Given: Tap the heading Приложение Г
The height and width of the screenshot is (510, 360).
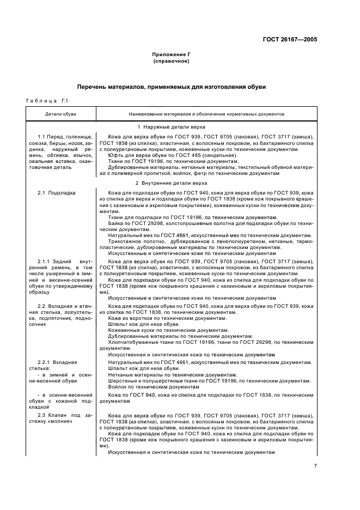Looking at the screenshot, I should pyautogui.click(x=171, y=56).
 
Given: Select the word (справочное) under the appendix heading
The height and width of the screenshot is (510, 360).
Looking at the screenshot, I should pyautogui.click(x=171, y=62).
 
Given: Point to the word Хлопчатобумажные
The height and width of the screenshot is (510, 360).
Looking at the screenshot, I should pyautogui.click(x=130, y=342).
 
